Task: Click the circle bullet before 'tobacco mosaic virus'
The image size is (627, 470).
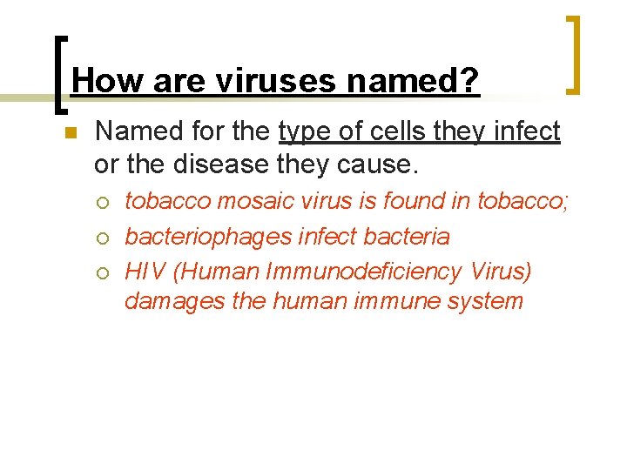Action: pyautogui.click(x=104, y=203)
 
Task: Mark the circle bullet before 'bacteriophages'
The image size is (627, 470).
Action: pyautogui.click(x=104, y=238)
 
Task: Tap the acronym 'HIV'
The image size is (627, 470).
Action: pyautogui.click(x=145, y=271)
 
